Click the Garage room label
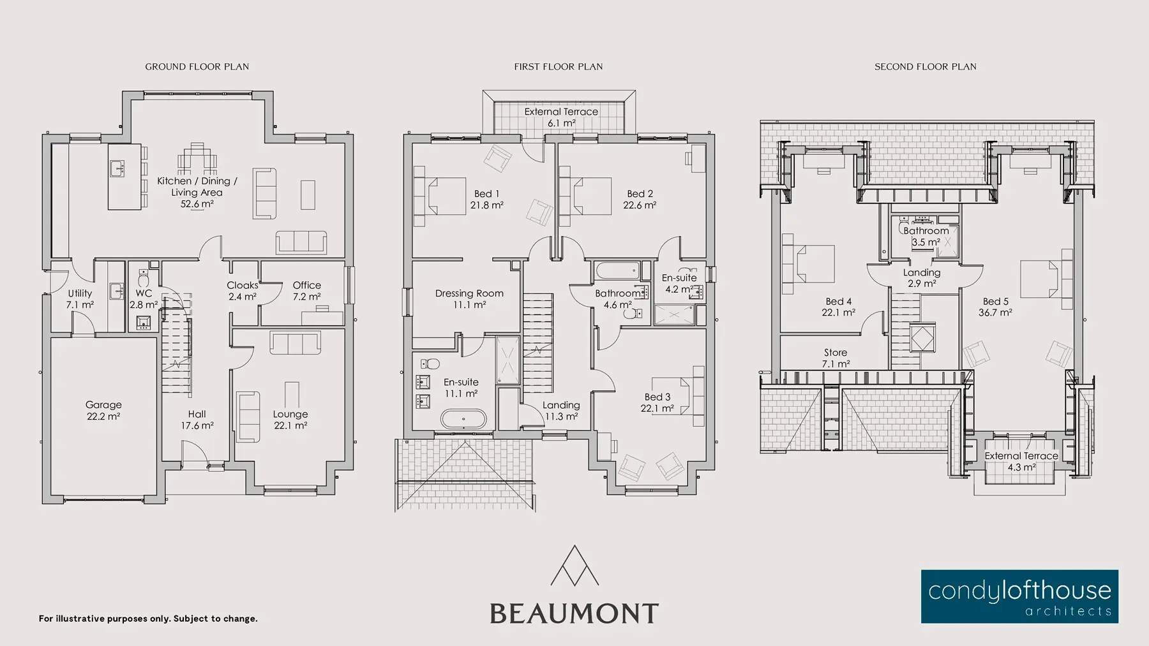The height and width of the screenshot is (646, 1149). click(103, 410)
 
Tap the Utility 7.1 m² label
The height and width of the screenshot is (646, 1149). click(80, 299)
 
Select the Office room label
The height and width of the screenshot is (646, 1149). click(307, 291)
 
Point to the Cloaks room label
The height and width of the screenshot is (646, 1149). click(243, 291)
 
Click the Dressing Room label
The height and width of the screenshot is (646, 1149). click(469, 299)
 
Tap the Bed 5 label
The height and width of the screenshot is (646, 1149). click(996, 307)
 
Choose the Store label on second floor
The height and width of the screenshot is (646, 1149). click(836, 358)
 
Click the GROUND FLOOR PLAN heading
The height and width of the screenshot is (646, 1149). click(197, 66)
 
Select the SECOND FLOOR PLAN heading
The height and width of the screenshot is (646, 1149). click(926, 66)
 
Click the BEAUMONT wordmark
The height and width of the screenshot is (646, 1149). click(574, 613)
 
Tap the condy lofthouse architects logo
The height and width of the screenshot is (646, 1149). click(1019, 596)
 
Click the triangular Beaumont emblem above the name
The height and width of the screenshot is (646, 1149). click(574, 565)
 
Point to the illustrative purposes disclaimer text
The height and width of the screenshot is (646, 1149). click(148, 619)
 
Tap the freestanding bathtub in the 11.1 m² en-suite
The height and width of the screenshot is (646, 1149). click(463, 419)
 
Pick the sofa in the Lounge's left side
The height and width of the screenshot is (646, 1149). click(248, 416)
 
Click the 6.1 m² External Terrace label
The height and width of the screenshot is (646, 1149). click(561, 117)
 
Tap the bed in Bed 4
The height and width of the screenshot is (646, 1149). click(807, 264)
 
